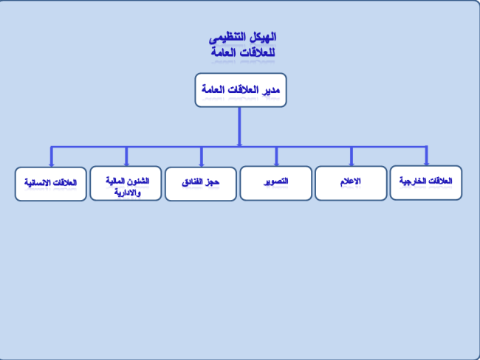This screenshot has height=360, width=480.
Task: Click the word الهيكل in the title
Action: tap(264, 37)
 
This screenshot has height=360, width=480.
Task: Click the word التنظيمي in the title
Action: tap(228, 38)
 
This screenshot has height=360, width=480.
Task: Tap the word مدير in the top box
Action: tap(270, 89)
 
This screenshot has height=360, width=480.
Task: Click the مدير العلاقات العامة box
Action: tap(241, 90)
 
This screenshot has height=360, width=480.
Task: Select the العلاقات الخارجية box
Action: tap(426, 183)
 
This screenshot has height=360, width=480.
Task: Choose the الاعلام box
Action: tap(351, 183)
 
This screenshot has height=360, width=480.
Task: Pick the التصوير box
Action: tap(276, 183)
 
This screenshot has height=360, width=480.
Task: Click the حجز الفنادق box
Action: tap(201, 184)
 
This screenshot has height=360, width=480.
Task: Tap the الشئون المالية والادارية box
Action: tap(126, 183)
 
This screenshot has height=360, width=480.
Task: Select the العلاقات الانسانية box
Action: tap(51, 184)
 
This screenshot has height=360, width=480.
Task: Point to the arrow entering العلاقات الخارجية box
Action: tap(426, 156)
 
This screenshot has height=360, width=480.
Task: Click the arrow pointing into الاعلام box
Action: tap(352, 156)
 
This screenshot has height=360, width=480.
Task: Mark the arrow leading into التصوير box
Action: tap(276, 156)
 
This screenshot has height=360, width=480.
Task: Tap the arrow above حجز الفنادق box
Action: tap(202, 157)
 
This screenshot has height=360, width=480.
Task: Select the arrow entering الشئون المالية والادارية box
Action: tap(126, 156)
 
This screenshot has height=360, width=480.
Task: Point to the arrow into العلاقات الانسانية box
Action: tap(52, 157)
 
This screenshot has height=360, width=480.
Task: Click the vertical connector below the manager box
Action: tap(240, 127)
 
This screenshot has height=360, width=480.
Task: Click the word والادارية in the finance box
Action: tap(128, 193)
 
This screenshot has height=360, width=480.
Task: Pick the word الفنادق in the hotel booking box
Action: tap(193, 182)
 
